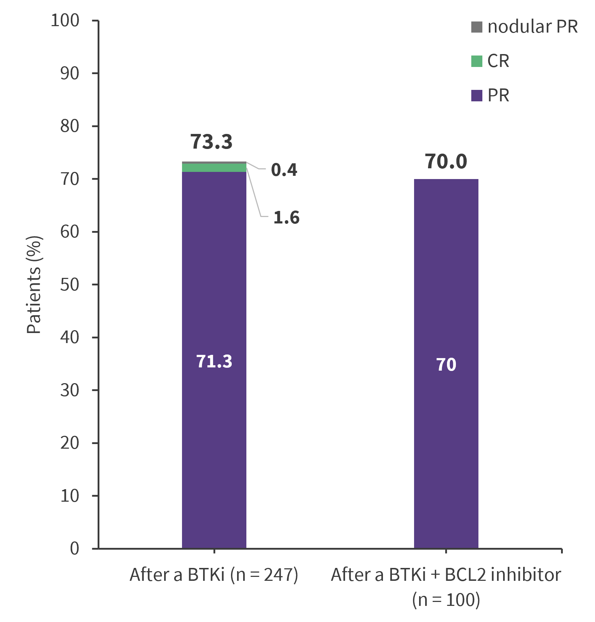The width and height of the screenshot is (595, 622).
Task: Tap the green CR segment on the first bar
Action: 214,168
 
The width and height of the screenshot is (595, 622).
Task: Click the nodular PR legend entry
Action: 524,27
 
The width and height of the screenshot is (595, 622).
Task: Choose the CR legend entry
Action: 490,61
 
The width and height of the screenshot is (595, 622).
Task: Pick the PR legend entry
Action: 490,96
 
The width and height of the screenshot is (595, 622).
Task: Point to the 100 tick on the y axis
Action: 65,21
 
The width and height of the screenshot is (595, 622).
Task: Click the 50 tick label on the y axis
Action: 70,285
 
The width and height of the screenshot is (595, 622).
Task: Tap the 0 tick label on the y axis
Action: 74,548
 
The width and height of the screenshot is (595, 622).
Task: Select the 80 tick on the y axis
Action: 70,126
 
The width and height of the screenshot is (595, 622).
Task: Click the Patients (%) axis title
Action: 34,285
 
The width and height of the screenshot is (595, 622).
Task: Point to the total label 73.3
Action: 211,141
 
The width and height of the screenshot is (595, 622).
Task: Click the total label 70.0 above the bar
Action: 446,161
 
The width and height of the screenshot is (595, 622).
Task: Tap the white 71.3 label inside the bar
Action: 214,361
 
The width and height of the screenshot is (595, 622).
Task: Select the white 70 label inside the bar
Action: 446,365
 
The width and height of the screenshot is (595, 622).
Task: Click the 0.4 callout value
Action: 284,170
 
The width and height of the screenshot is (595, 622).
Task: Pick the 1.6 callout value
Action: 286,218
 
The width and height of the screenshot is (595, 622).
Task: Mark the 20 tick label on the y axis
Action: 70,443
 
